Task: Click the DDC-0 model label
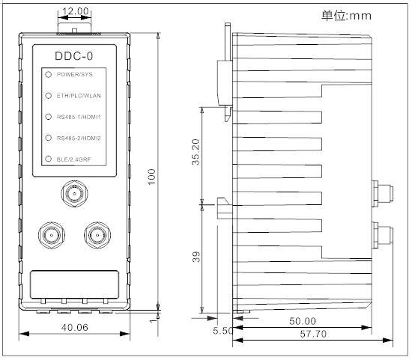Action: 74,57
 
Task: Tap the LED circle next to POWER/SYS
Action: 48,75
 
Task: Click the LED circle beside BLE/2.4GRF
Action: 48,159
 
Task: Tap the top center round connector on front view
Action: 74,197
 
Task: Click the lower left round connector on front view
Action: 52,235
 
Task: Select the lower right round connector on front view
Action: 97,235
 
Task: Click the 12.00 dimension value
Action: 74,13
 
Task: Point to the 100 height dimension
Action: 151,174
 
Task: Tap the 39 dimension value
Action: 195,257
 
